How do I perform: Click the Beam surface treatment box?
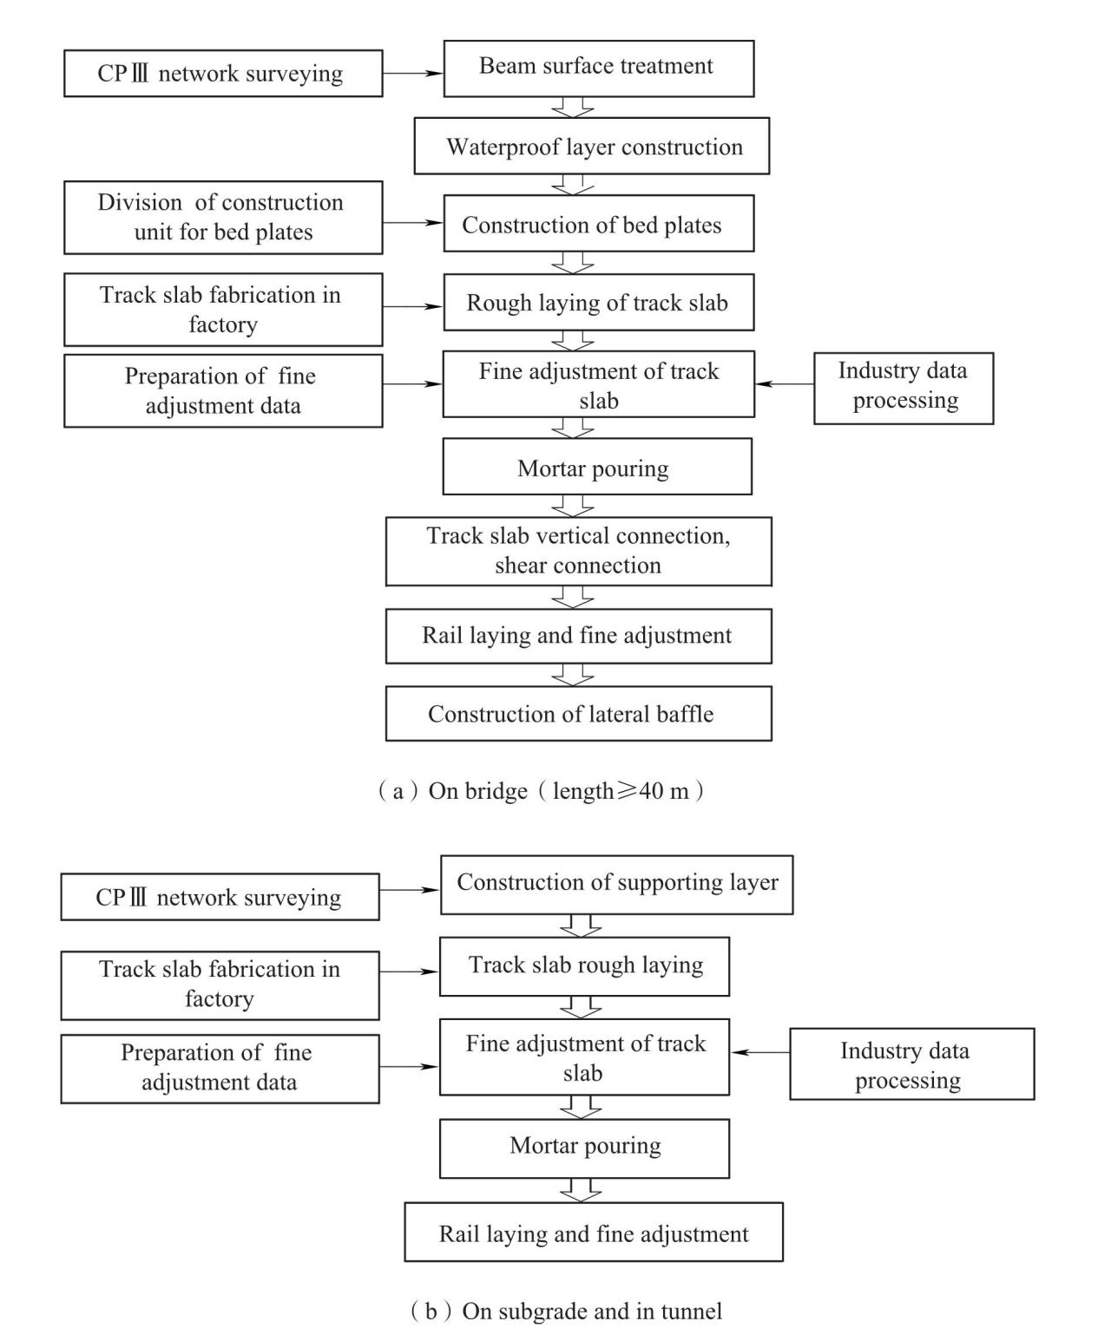pyautogui.click(x=598, y=69)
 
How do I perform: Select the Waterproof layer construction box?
pyautogui.click(x=591, y=146)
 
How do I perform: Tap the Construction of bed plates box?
pyautogui.click(x=598, y=224)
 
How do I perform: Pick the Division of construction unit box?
pyautogui.click(x=223, y=217)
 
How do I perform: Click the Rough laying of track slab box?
pyautogui.click(x=598, y=303)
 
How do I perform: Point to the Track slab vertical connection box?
pyautogui.click(x=578, y=552)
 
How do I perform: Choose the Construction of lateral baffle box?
pyautogui.click(x=578, y=714)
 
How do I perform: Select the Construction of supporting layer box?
pyautogui.click(x=616, y=885)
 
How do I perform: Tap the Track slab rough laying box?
pyautogui.click(x=584, y=966)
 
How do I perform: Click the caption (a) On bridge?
pyautogui.click(x=541, y=790)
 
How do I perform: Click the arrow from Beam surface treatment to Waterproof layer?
pyautogui.click(x=573, y=108)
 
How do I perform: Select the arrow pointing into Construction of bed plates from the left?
pyautogui.click(x=413, y=223)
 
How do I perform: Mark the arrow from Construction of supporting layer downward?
pyautogui.click(x=581, y=926)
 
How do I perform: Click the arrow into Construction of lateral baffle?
pyautogui.click(x=573, y=675)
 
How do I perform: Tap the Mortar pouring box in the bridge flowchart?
pyautogui.click(x=597, y=467)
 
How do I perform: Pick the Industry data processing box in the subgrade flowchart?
pyautogui.click(x=912, y=1064)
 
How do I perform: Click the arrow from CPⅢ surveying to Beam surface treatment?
pyautogui.click(x=413, y=73)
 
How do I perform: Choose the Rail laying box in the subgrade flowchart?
pyautogui.click(x=594, y=1232)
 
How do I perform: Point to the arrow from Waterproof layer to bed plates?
pyautogui.click(x=573, y=185)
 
